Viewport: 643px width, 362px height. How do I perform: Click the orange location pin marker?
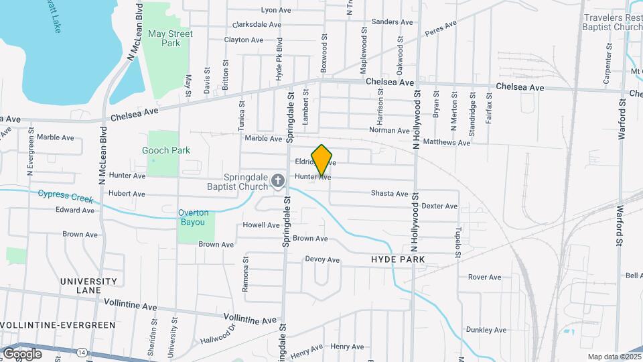(322, 160)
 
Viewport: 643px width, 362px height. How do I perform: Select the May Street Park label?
(170, 38)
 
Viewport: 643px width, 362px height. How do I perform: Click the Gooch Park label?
(166, 150)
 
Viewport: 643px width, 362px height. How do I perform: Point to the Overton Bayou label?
(194, 217)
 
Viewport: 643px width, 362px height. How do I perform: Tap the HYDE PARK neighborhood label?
(398, 259)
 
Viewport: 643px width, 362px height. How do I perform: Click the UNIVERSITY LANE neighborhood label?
(88, 286)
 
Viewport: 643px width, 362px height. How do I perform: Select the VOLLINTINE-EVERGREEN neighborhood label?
(58, 324)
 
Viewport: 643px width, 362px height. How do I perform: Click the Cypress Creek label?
(66, 195)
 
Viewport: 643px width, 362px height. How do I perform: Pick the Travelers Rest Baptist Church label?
(612, 22)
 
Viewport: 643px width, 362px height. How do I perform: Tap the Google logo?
(22, 353)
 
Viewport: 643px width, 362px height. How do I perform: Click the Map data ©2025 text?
(614, 357)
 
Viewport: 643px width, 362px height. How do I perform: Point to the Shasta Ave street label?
(390, 194)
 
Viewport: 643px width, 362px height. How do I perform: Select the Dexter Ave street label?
(439, 206)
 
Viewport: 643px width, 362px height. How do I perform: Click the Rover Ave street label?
(485, 277)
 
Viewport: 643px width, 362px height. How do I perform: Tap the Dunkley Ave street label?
(486, 330)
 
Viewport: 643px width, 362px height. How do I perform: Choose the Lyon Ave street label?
(276, 10)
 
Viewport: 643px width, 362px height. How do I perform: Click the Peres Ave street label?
(441, 28)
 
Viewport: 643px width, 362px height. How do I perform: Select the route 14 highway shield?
(80, 352)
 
